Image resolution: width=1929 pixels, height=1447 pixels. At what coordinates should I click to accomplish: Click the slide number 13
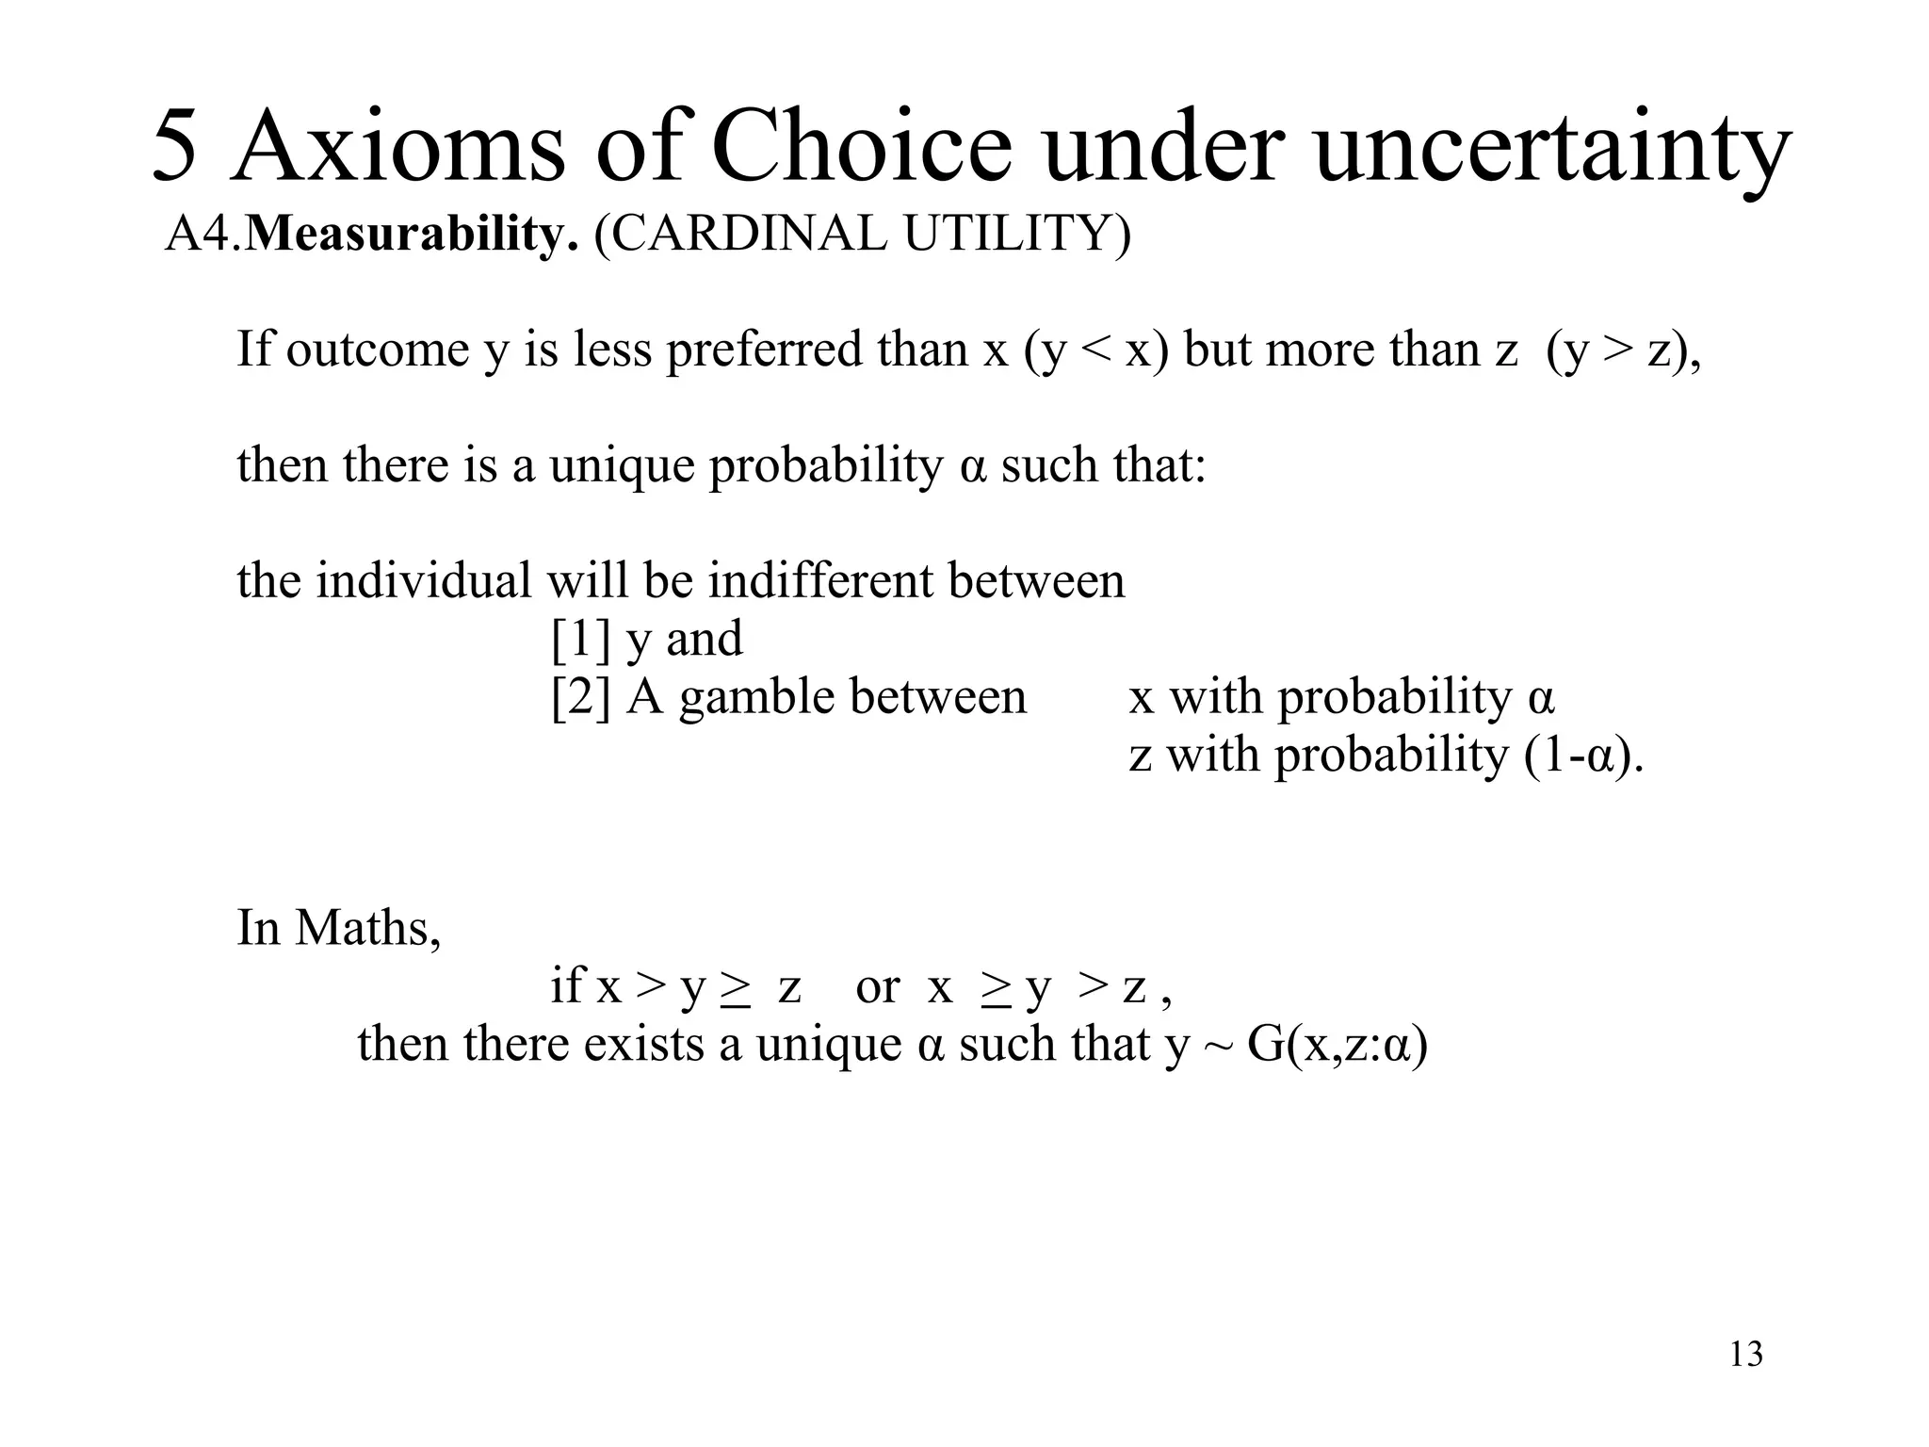click(x=1745, y=1355)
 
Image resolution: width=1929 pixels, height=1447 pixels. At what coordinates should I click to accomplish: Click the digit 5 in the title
click(x=176, y=147)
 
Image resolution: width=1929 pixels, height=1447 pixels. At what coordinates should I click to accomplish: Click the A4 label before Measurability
click(x=201, y=234)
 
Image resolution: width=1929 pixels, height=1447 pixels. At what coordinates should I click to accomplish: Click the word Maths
click(x=366, y=928)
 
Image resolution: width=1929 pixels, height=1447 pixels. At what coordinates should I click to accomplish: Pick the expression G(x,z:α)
click(x=1337, y=1045)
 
